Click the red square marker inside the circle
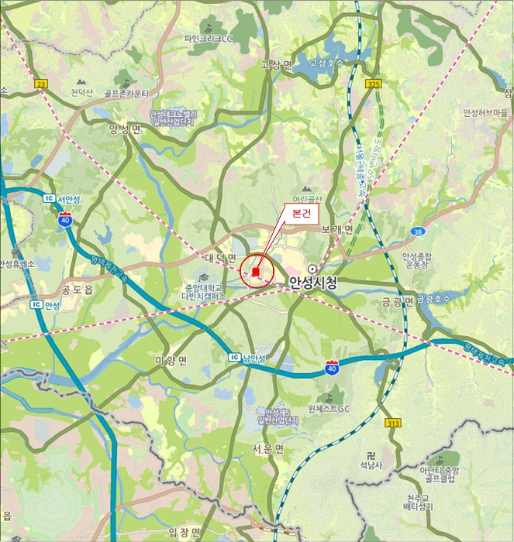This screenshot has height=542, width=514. pos(255,272)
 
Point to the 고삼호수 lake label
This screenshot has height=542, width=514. pos(325,63)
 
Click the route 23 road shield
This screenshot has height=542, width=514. pos(41,82)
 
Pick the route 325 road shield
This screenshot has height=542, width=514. pos(374,83)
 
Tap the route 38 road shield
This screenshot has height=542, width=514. pos(418,231)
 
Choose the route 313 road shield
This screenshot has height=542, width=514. pos(393,423)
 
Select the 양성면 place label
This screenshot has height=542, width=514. pos(125,129)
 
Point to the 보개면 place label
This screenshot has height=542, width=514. pos(336,230)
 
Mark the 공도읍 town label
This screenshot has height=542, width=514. pos(77,290)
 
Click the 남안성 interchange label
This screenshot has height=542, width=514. pos(254,358)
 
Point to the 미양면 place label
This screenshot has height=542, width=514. pos(171,361)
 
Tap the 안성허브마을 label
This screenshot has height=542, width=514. pos(485,113)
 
